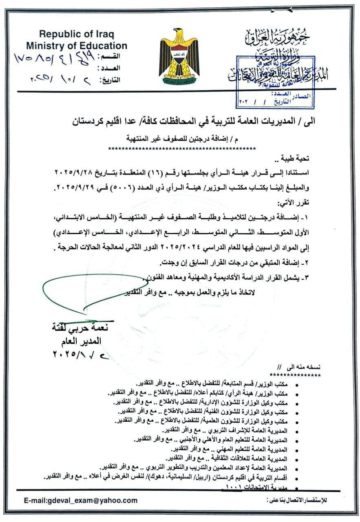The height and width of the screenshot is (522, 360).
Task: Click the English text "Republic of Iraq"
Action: click(x=77, y=34)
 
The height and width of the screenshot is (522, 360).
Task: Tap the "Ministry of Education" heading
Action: click(x=77, y=46)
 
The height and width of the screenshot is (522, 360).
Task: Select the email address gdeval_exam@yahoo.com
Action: click(x=81, y=500)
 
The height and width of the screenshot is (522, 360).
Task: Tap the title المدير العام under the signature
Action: click(x=84, y=341)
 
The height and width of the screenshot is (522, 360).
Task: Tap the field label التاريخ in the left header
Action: click(x=110, y=80)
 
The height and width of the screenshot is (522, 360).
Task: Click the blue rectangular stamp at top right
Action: click(x=276, y=82)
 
